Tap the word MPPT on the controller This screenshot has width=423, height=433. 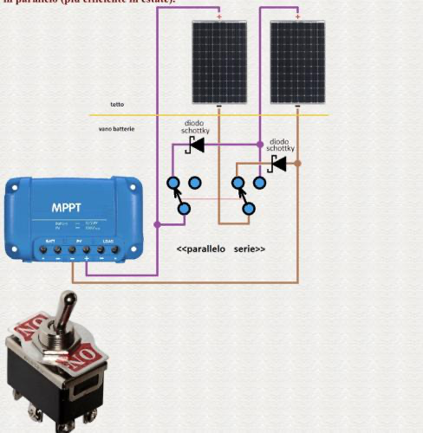pyautogui.click(x=67, y=209)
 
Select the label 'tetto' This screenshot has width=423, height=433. pyautogui.click(x=116, y=105)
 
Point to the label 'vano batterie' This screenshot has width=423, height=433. pyautogui.click(x=117, y=130)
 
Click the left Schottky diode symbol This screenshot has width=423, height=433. pyautogui.click(x=197, y=145)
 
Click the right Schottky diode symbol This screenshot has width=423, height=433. pyautogui.click(x=278, y=163)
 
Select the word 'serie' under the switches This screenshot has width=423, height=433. pyautogui.click(x=250, y=249)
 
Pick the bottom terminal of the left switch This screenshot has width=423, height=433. pyautogui.click(x=184, y=209)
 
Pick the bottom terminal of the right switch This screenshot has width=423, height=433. pyautogui.click(x=249, y=209)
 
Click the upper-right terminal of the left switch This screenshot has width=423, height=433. pyautogui.click(x=195, y=183)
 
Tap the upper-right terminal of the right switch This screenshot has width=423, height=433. pyautogui.click(x=259, y=183)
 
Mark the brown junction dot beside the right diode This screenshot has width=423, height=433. pyautogui.click(x=297, y=163)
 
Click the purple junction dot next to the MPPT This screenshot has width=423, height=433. pyautogui.click(x=157, y=224)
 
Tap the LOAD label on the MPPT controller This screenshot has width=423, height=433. pyautogui.click(x=109, y=239)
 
